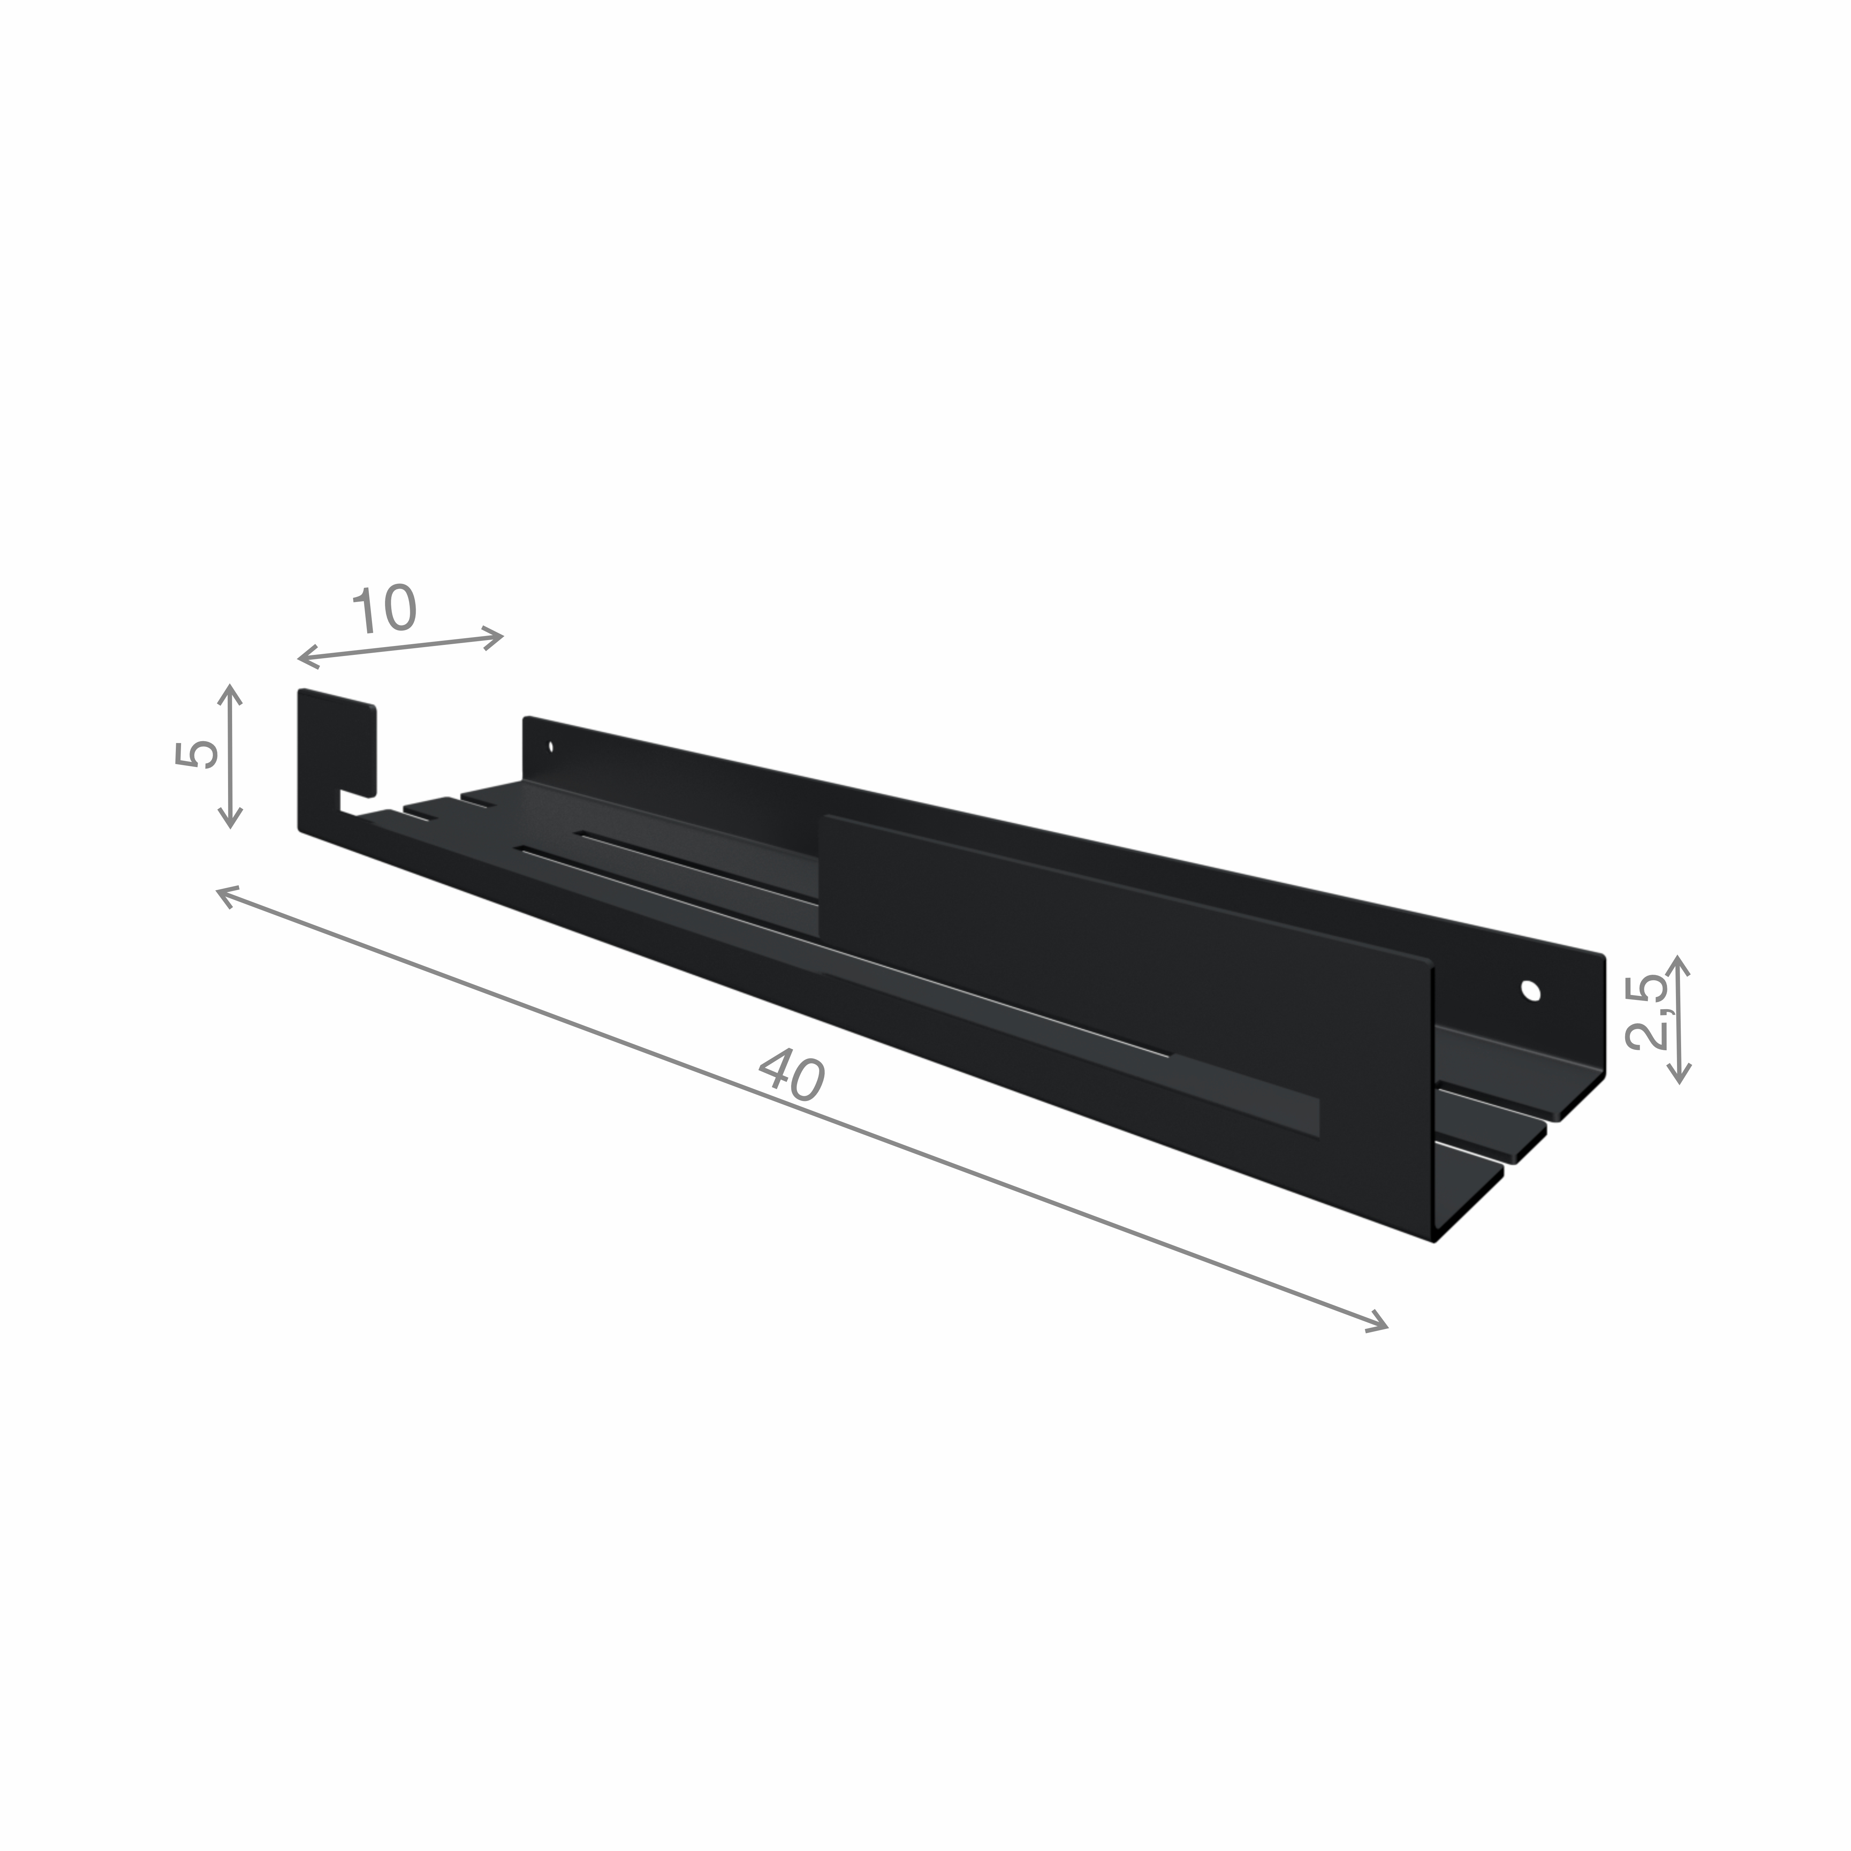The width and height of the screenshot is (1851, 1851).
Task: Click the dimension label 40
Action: coord(791,1076)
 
